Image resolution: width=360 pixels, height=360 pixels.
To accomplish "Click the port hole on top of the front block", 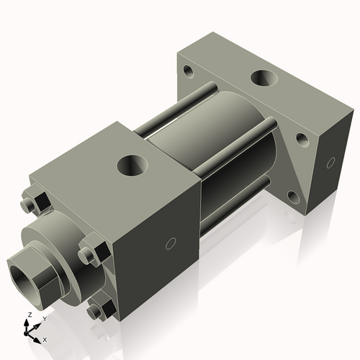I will [x=134, y=166].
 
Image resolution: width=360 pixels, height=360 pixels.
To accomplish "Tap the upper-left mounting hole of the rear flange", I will [x=189, y=71].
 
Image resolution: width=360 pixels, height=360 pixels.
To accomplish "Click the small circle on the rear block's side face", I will [x=331, y=162].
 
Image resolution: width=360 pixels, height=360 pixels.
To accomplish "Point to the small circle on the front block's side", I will [x=170, y=243].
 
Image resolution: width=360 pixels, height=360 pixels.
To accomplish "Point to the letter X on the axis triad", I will [x=45, y=338].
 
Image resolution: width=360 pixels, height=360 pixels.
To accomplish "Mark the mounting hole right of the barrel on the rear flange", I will [x=301, y=138].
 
